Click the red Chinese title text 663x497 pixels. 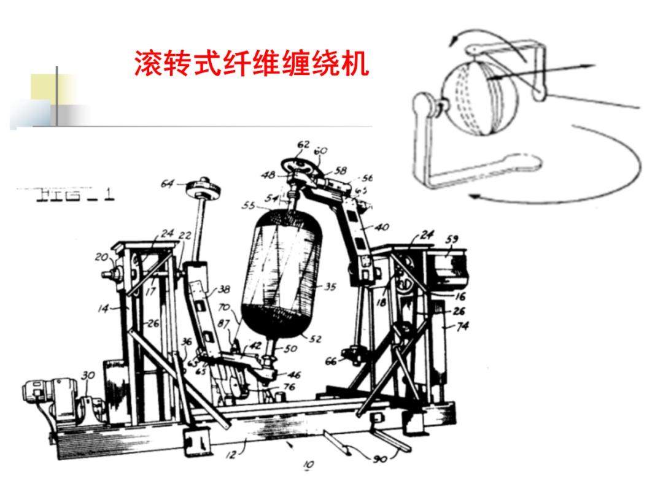click(252, 63)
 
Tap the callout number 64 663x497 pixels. click(168, 183)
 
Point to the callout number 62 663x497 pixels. click(303, 145)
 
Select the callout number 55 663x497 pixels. click(249, 206)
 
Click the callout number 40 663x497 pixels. click(382, 227)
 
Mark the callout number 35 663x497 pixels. click(330, 287)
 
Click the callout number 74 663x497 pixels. click(462, 326)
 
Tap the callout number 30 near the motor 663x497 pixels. click(88, 376)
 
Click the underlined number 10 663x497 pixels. click(308, 465)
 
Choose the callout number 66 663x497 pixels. click(331, 361)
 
